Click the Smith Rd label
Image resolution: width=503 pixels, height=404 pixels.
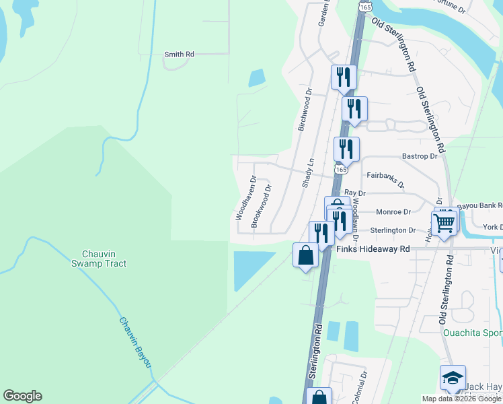pyautogui.click(x=180, y=54)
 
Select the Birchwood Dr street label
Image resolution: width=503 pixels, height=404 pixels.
pyautogui.click(x=305, y=108)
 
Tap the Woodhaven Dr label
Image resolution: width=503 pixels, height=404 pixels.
pyautogui.click(x=245, y=198)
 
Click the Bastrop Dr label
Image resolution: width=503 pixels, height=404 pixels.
pyautogui.click(x=420, y=156)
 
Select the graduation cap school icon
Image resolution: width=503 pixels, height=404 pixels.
pyautogui.click(x=453, y=377)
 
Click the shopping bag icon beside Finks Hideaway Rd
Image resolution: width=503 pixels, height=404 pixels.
pyautogui.click(x=305, y=255)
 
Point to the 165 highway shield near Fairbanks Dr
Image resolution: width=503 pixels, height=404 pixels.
pyautogui.click(x=342, y=170)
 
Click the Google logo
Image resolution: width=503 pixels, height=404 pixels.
pyautogui.click(x=22, y=396)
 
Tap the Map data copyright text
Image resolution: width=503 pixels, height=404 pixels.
pyautogui.click(x=461, y=399)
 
